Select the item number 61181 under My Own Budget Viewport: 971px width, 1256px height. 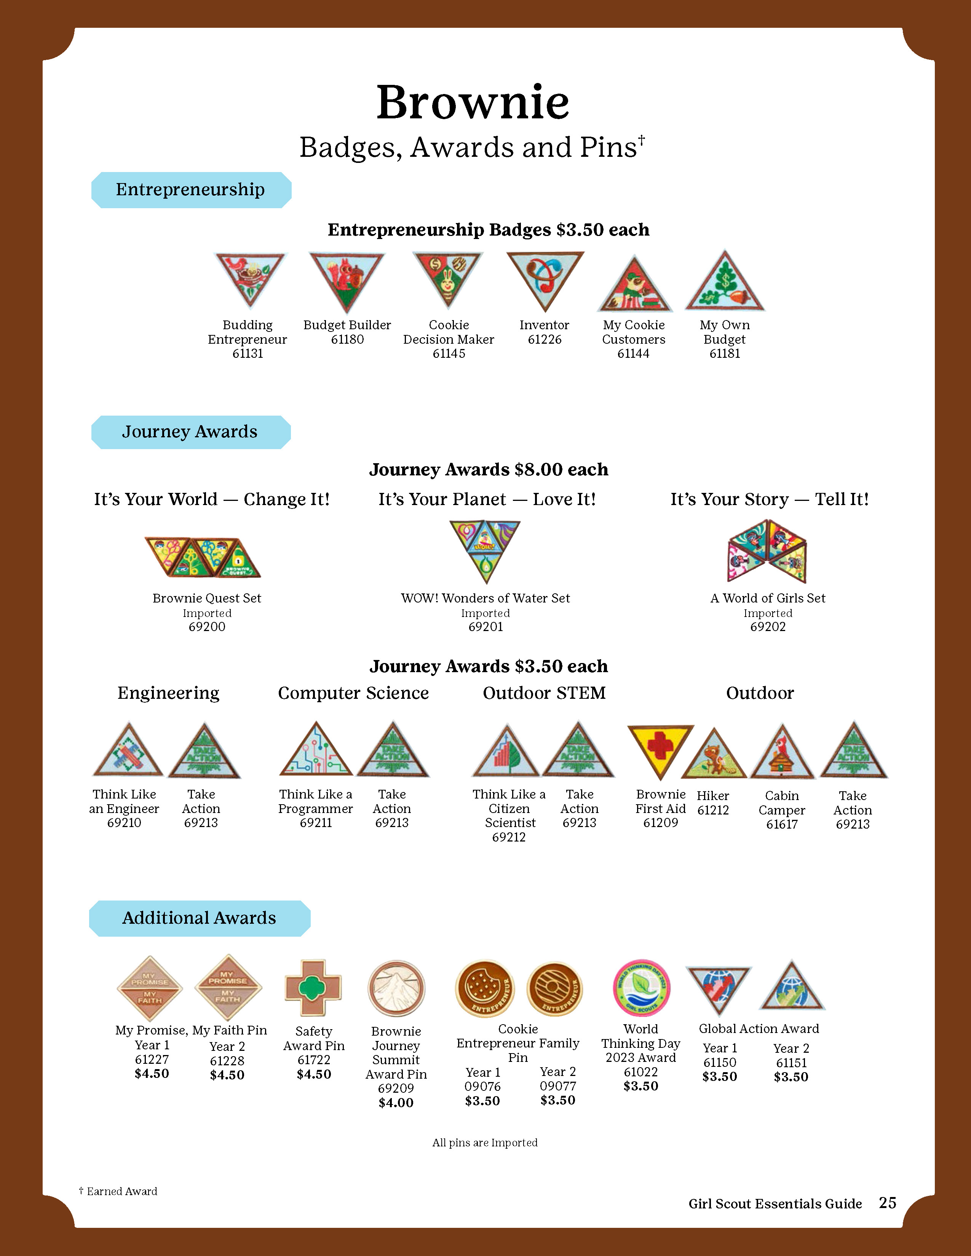pyautogui.click(x=724, y=354)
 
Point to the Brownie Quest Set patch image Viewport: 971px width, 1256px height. pyautogui.click(x=203, y=557)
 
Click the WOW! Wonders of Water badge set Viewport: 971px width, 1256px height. pyautogui.click(x=485, y=549)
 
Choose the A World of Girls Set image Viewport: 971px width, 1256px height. pyautogui.click(x=767, y=551)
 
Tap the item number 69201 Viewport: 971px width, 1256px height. pyautogui.click(x=485, y=627)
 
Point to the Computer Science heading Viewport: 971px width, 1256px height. pyautogui.click(x=353, y=693)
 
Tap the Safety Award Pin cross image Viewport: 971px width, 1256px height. pyautogui.click(x=313, y=987)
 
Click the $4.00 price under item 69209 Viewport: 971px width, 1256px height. pyautogui.click(x=396, y=1103)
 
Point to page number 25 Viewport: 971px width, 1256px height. pyautogui.click(x=888, y=1202)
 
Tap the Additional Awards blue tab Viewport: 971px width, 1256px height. pyautogui.click(x=199, y=918)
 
